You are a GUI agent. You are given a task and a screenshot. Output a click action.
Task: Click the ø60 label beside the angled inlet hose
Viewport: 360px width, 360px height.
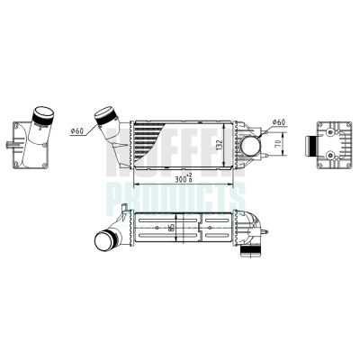pyautogui.click(x=76, y=131)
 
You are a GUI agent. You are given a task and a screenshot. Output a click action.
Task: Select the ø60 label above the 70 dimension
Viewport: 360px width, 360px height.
pyautogui.click(x=278, y=121)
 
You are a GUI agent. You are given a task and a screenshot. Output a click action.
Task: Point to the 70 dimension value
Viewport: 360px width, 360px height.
pyautogui.click(x=279, y=143)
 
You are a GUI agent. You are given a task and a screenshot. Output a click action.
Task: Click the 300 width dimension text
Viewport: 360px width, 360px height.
pyautogui.click(x=184, y=179)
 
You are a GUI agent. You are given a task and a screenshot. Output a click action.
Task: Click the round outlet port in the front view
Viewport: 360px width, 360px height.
pyautogui.click(x=251, y=144)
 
